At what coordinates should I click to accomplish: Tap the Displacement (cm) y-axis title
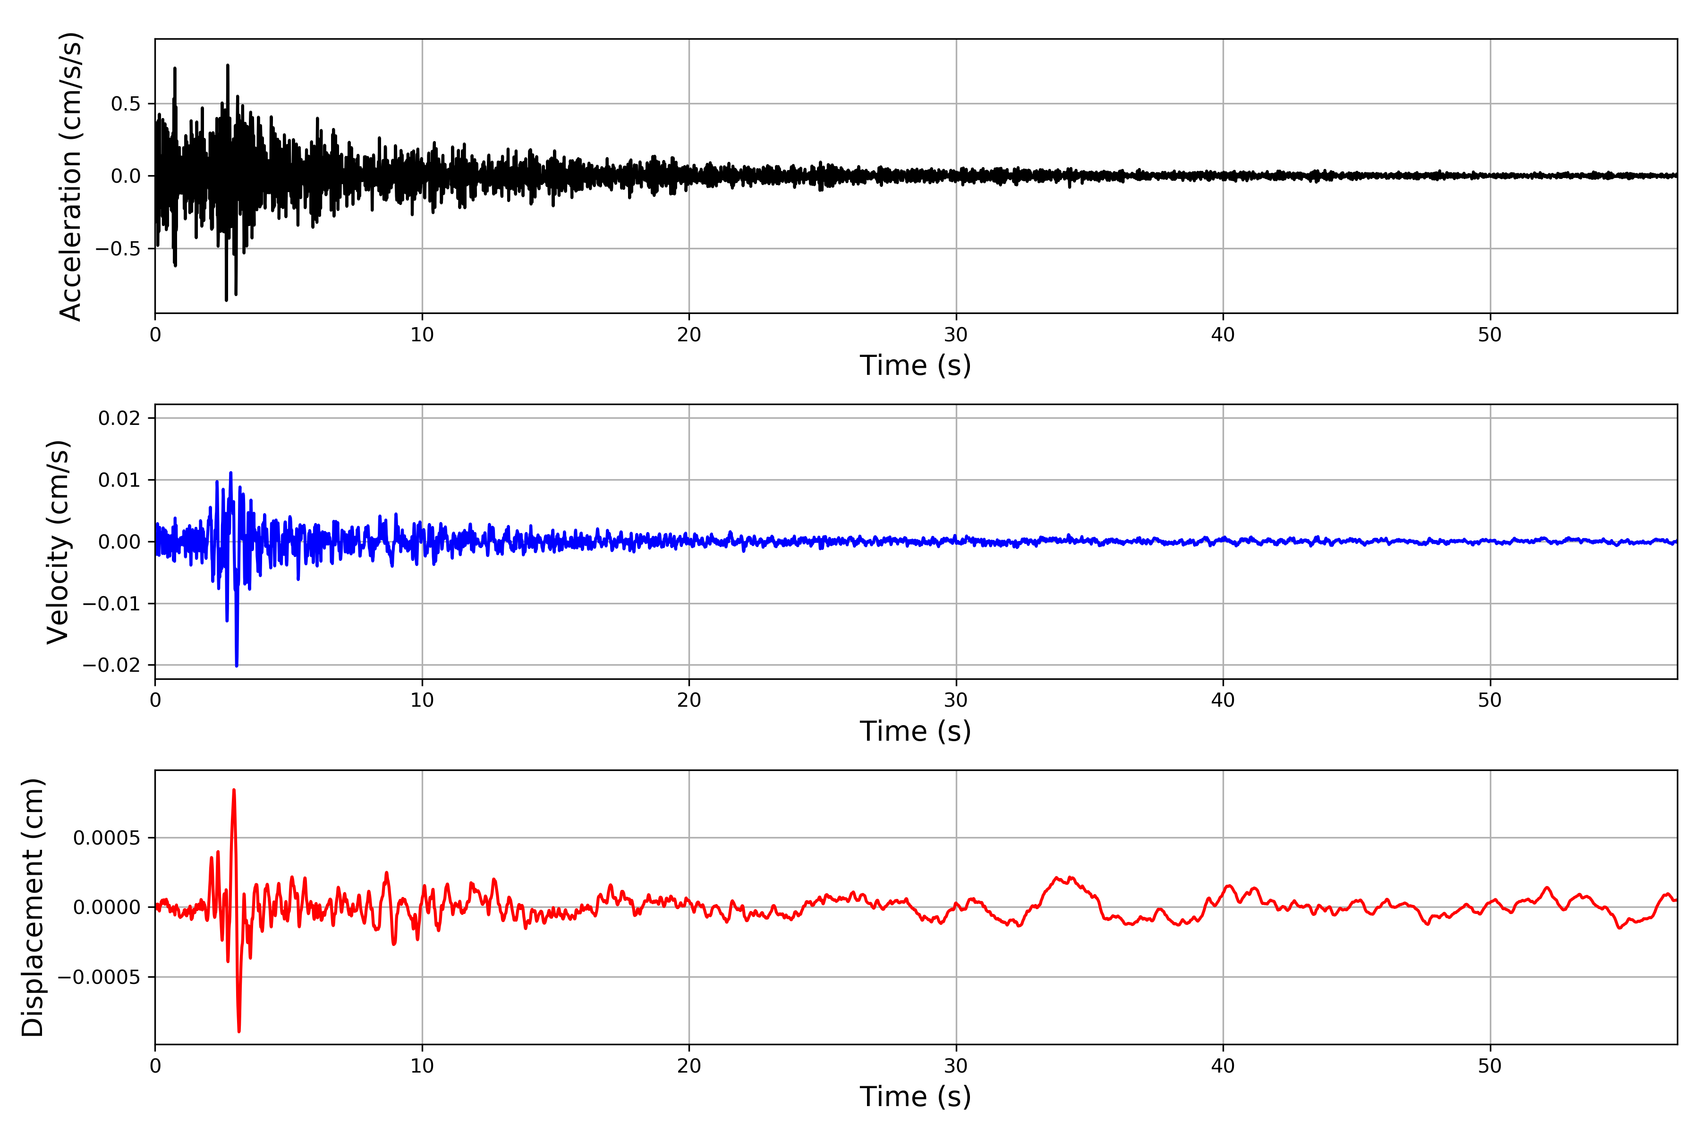[33, 907]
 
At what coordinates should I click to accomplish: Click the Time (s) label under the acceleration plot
[915, 365]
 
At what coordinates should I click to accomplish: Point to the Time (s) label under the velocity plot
[915, 731]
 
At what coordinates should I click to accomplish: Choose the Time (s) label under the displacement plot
[915, 1097]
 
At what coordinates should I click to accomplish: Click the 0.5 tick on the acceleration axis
[126, 104]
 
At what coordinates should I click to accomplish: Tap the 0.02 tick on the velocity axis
[119, 418]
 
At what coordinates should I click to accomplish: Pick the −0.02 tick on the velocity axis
[111, 665]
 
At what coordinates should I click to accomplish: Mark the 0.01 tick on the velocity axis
[119, 480]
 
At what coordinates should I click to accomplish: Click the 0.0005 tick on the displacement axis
[107, 838]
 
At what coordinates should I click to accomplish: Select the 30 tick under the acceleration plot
[955, 335]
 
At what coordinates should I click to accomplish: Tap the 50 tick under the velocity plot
[1490, 700]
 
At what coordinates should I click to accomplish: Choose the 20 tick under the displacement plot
[689, 1066]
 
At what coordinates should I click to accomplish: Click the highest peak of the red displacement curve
[233, 790]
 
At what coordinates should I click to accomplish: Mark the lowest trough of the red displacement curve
[239, 1031]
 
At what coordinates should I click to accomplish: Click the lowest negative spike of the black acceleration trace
[226, 300]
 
